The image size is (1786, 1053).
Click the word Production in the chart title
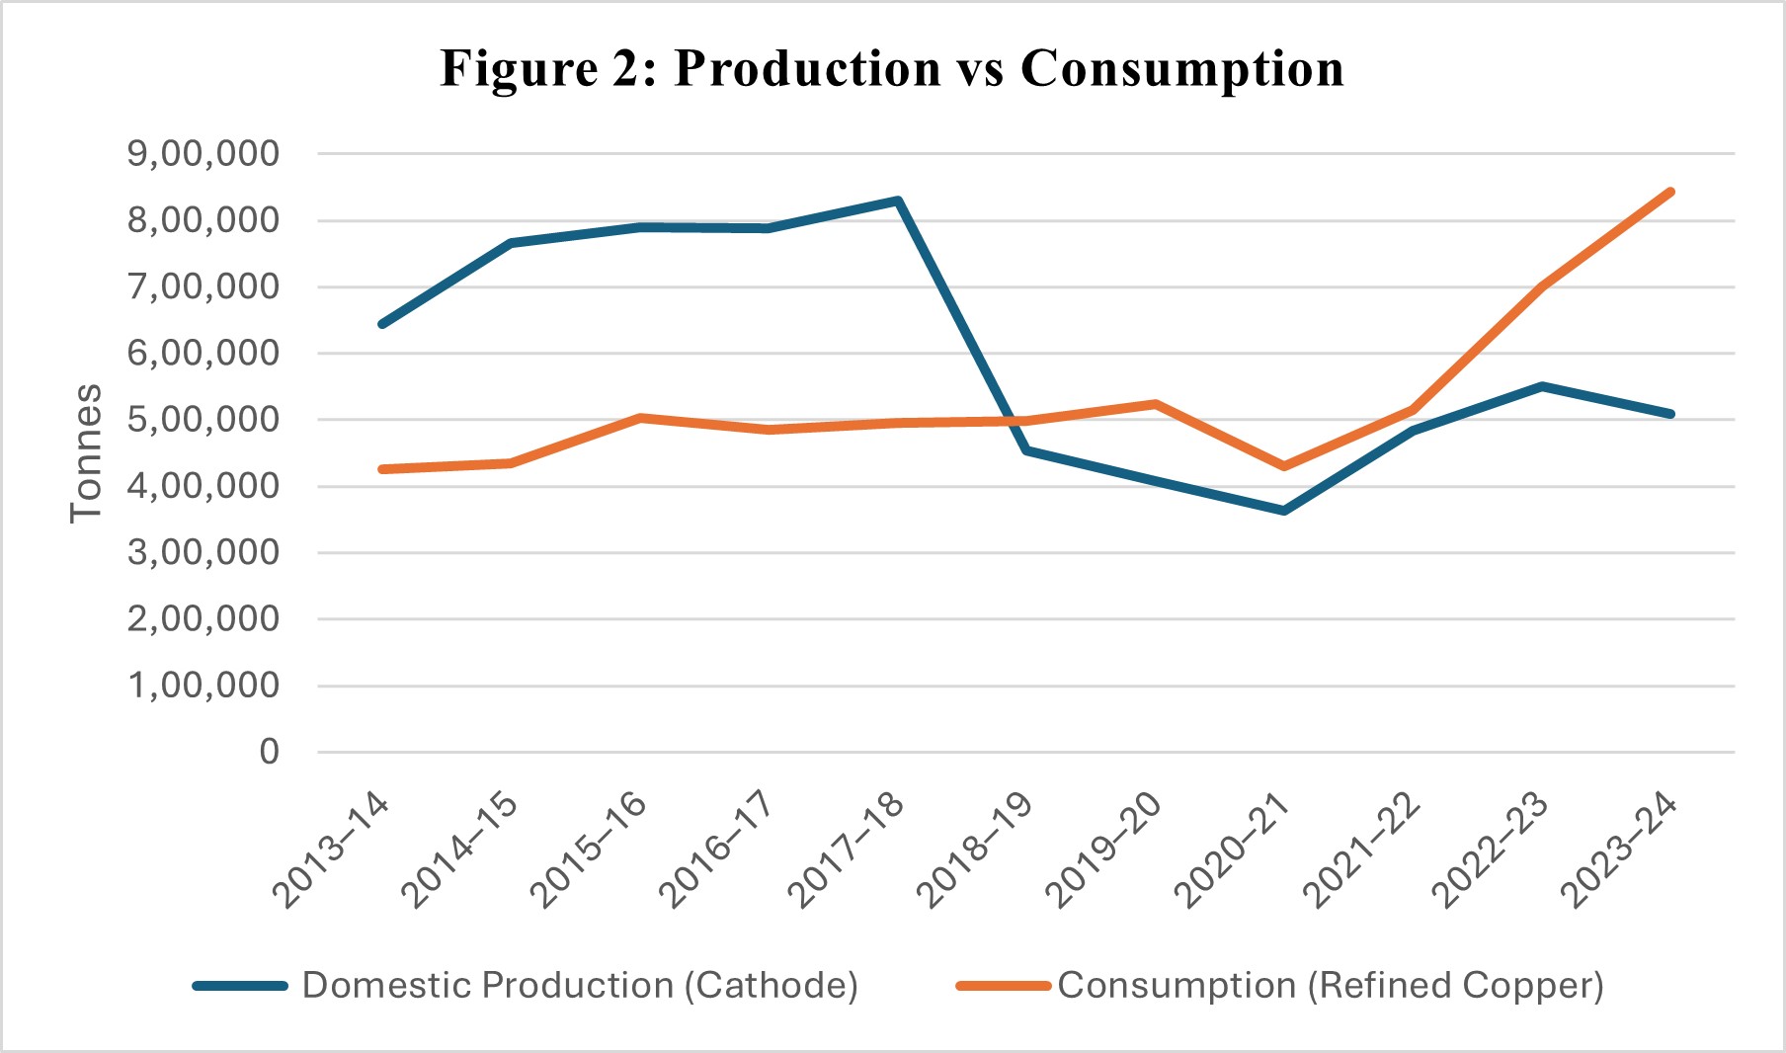point(807,69)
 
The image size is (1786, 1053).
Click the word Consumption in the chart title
point(1181,69)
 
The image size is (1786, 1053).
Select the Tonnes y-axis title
point(87,452)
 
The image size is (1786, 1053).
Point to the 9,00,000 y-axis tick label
point(203,154)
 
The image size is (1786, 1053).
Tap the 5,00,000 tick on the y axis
point(203,420)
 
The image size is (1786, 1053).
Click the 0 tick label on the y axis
point(270,753)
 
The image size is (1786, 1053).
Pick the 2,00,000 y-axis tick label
point(203,619)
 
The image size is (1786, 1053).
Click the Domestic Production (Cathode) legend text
point(580,986)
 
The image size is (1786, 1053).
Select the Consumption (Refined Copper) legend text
point(1331,986)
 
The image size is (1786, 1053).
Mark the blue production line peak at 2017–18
point(897,201)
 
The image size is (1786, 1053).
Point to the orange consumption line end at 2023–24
point(1670,192)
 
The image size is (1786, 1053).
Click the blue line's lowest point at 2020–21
point(1284,511)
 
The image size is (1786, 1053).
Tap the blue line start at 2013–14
point(382,324)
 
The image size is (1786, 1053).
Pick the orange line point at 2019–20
point(1155,404)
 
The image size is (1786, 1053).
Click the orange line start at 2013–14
point(382,469)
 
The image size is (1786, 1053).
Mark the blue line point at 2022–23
point(1542,386)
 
